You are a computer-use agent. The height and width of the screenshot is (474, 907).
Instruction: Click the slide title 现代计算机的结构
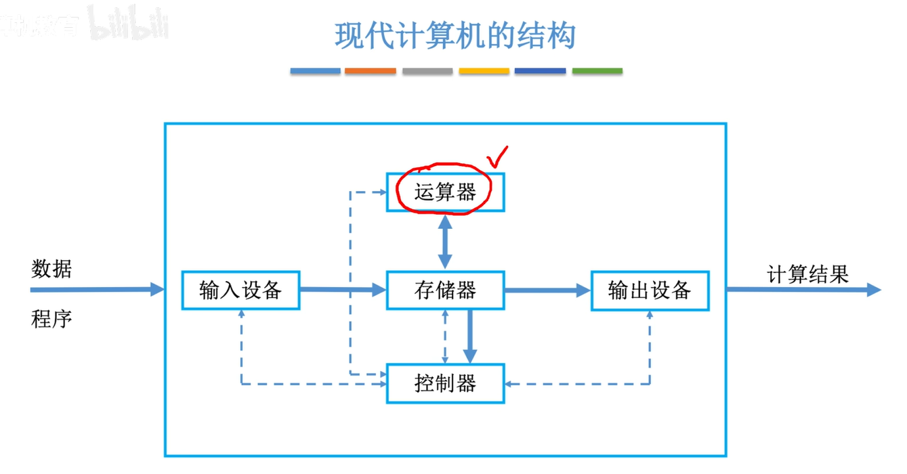point(455,35)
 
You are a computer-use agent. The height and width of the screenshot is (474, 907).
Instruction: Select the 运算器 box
point(445,192)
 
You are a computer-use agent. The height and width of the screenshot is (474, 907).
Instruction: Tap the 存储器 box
point(445,290)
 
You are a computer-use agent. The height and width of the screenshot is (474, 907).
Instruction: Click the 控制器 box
point(445,384)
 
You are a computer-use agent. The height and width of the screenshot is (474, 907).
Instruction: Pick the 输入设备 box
point(240,290)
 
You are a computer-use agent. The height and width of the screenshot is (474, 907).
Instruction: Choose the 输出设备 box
point(650,290)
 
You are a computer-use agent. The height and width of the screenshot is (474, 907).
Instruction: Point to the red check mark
point(498,156)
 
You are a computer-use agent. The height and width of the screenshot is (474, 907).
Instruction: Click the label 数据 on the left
point(51,269)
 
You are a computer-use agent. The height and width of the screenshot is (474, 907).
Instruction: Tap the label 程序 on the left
point(51,318)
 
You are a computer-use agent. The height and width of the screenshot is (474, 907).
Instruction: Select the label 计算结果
point(807,274)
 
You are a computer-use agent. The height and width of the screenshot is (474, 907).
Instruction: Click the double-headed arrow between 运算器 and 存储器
point(445,241)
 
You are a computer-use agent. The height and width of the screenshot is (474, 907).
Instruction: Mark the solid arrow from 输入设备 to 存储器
point(342,290)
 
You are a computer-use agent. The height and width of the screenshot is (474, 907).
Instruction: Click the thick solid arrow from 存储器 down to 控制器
point(469,336)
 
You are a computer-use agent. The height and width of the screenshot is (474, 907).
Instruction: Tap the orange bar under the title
point(370,71)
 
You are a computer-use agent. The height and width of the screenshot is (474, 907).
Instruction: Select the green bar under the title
point(597,71)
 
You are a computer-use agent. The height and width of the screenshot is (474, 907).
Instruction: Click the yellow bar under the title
point(484,71)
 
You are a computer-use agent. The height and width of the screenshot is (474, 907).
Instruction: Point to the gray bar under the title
point(427,71)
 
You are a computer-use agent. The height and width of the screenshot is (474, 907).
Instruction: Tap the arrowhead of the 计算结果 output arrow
point(873,290)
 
